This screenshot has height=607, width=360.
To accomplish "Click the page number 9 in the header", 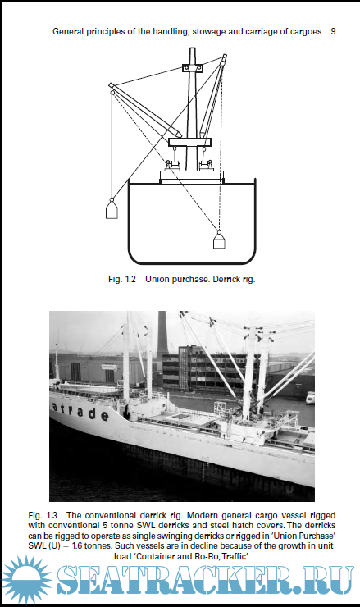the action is (333, 32).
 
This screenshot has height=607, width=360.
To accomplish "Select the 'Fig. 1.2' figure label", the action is (122, 279).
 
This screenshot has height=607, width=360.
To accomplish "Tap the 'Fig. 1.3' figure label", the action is (43, 516).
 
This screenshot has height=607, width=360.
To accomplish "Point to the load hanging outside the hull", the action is (112, 210).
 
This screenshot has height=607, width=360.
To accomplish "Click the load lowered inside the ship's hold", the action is (219, 240).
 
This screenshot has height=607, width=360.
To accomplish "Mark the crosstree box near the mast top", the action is (193, 68).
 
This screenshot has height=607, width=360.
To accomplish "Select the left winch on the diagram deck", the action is (172, 165).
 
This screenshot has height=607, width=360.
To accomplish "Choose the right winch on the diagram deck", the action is (207, 165).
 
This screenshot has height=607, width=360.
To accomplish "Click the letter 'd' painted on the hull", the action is (92, 413).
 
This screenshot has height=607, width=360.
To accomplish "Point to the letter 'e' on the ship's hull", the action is (104, 416).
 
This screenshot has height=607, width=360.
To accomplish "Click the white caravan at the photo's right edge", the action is (310, 398).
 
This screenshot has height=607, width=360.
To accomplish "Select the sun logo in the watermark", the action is (26, 580).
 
